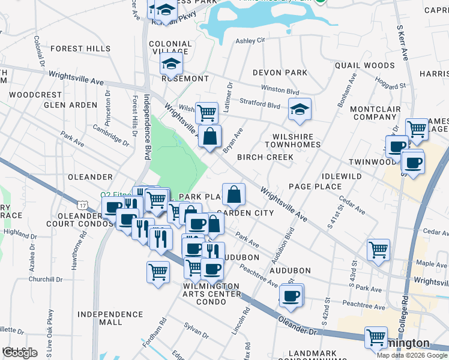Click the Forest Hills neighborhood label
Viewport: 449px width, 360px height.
click(82, 49)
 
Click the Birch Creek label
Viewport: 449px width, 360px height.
click(265, 157)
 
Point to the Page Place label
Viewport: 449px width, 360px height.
click(315, 187)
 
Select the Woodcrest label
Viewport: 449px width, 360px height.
click(36, 95)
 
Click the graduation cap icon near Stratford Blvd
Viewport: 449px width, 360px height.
click(300, 109)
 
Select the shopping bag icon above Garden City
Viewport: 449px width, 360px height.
click(234, 194)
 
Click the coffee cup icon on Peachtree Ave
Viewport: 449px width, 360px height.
click(292, 295)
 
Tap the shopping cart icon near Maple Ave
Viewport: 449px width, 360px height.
click(378, 249)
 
